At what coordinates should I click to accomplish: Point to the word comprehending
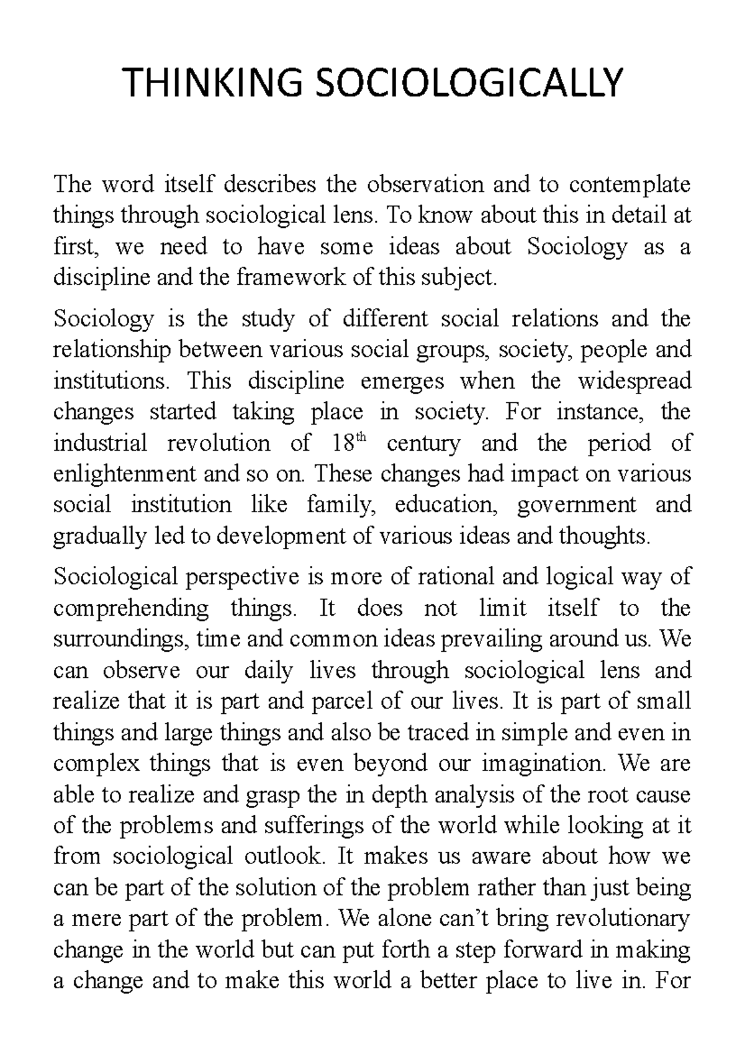tap(131, 608)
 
